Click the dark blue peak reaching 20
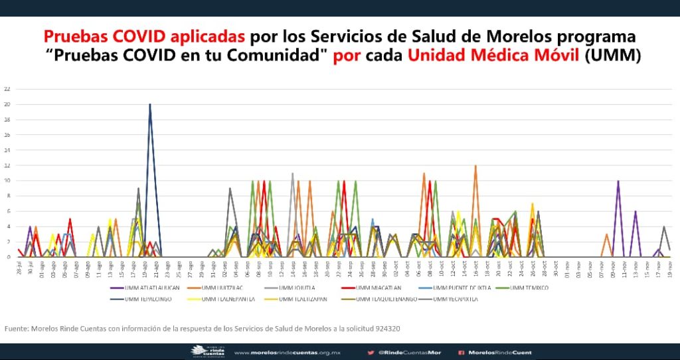[x=150, y=105]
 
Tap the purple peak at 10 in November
[x=618, y=181]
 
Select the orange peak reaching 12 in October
[x=475, y=166]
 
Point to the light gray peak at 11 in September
[x=292, y=173]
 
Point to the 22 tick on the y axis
[x=6, y=89]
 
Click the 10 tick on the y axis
[x=6, y=181]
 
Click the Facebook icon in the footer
[x=460, y=352]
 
